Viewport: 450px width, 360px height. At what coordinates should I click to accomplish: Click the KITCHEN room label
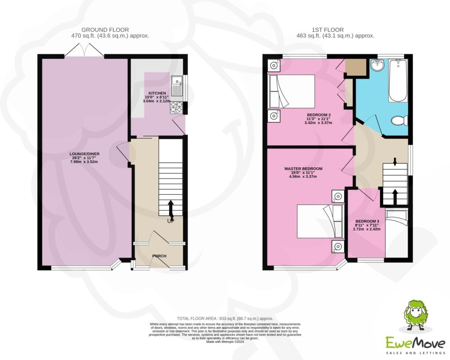[157, 93]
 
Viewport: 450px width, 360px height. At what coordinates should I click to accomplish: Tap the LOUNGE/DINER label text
[84, 154]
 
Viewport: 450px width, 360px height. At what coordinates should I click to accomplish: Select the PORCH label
[159, 256]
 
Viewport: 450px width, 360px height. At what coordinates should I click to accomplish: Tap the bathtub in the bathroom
[398, 80]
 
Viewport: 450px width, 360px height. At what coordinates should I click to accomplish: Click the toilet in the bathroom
[399, 120]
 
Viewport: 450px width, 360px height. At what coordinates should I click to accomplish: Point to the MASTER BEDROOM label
[303, 169]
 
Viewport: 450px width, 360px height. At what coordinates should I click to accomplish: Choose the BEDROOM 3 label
[367, 222]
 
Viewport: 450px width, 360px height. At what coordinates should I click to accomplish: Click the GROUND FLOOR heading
[105, 29]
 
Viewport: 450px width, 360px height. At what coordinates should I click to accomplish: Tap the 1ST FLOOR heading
[328, 29]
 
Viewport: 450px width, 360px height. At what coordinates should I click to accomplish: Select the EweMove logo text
[415, 343]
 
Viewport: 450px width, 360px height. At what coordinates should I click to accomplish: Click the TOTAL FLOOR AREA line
[225, 318]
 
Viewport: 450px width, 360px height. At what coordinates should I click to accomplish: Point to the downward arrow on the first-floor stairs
[395, 162]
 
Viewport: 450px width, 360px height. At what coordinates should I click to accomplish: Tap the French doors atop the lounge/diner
[84, 50]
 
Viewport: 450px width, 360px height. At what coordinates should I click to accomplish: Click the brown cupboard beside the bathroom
[356, 67]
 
